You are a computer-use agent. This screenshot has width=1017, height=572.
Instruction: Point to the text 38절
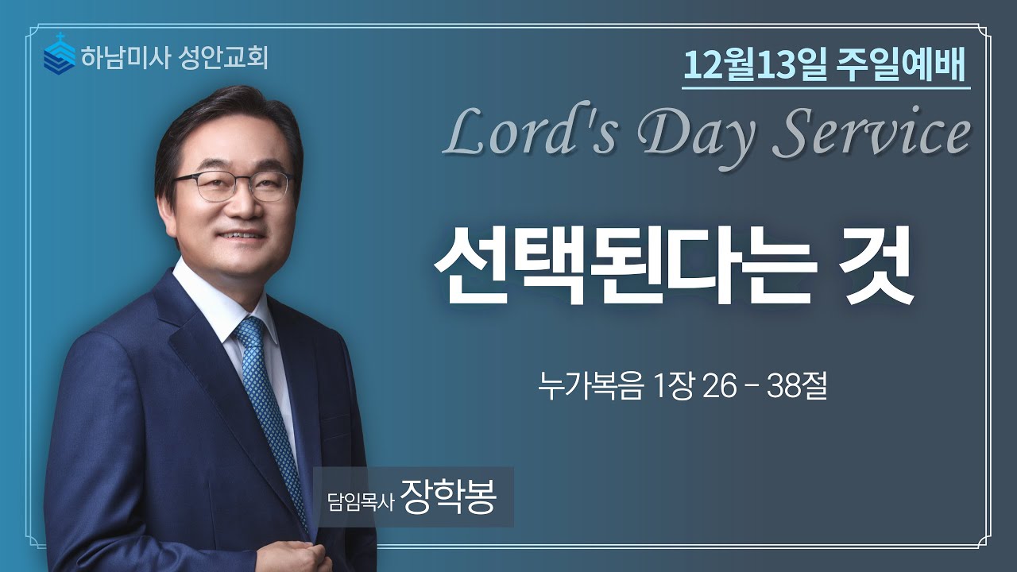coord(798,389)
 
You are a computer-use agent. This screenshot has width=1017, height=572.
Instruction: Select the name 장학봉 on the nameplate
coord(449,498)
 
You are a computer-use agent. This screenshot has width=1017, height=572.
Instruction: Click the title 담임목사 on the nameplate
coord(360,502)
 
